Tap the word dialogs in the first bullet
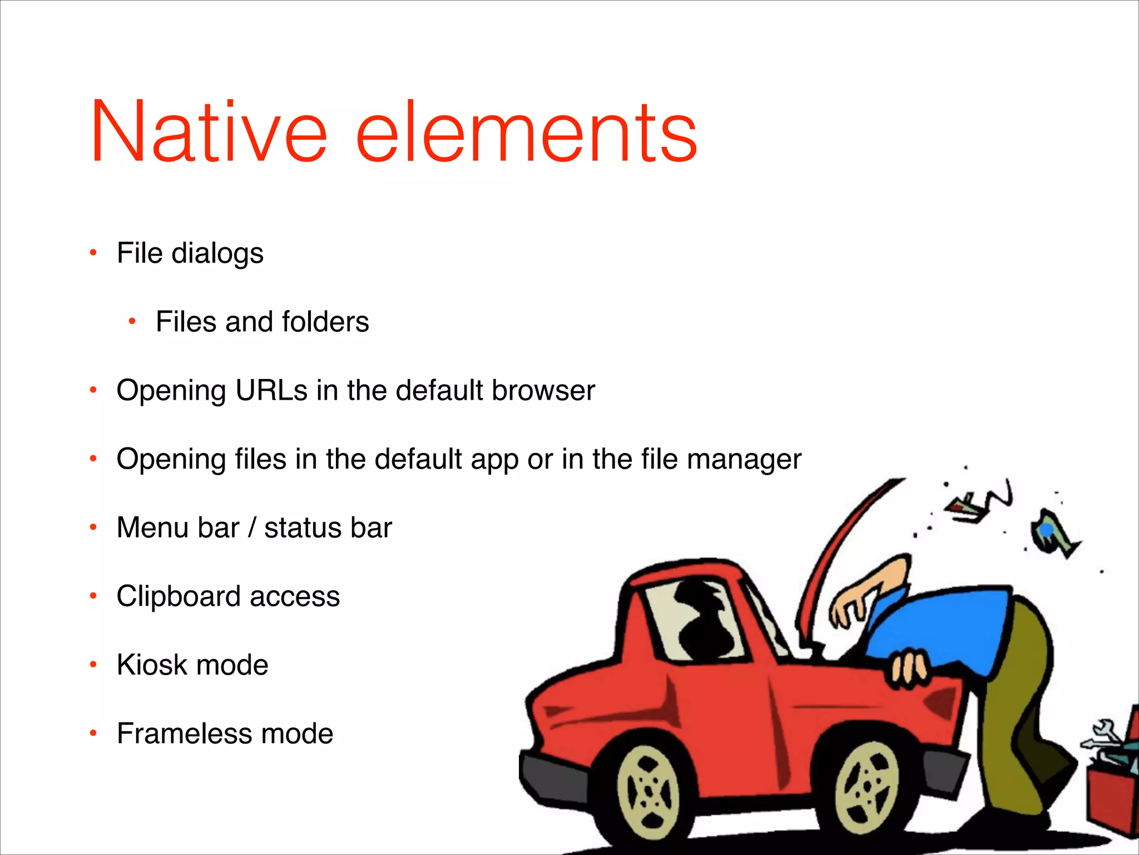(217, 254)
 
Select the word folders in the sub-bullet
(325, 322)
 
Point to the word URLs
(271, 390)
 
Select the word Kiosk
(151, 665)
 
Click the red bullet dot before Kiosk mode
(93, 664)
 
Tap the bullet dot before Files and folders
(132, 321)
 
